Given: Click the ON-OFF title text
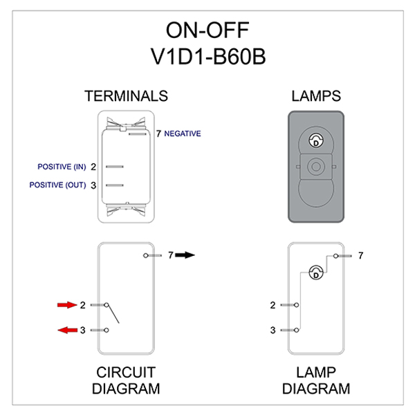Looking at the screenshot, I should click(207, 30).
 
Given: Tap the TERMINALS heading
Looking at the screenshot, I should click(126, 96).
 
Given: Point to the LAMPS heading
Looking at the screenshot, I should click(316, 96).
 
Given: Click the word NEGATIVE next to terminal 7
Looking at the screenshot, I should click(183, 133).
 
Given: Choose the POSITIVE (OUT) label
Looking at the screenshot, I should click(57, 185).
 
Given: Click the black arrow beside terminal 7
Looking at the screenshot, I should click(185, 255).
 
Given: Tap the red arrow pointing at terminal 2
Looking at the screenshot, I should click(66, 305).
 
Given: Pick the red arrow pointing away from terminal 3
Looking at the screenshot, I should click(66, 330).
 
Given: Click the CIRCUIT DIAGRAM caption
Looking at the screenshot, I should click(125, 380).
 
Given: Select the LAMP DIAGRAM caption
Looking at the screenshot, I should click(315, 380).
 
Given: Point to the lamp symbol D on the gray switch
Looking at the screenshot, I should click(316, 142).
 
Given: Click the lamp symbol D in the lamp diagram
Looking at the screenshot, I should click(316, 273).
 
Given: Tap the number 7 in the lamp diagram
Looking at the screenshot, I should click(360, 256).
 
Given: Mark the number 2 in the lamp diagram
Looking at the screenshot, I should click(273, 305).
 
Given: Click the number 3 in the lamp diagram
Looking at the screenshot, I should click(273, 330).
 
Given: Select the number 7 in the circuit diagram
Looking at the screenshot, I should click(170, 255).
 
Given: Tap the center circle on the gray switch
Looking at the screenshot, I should click(316, 167).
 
